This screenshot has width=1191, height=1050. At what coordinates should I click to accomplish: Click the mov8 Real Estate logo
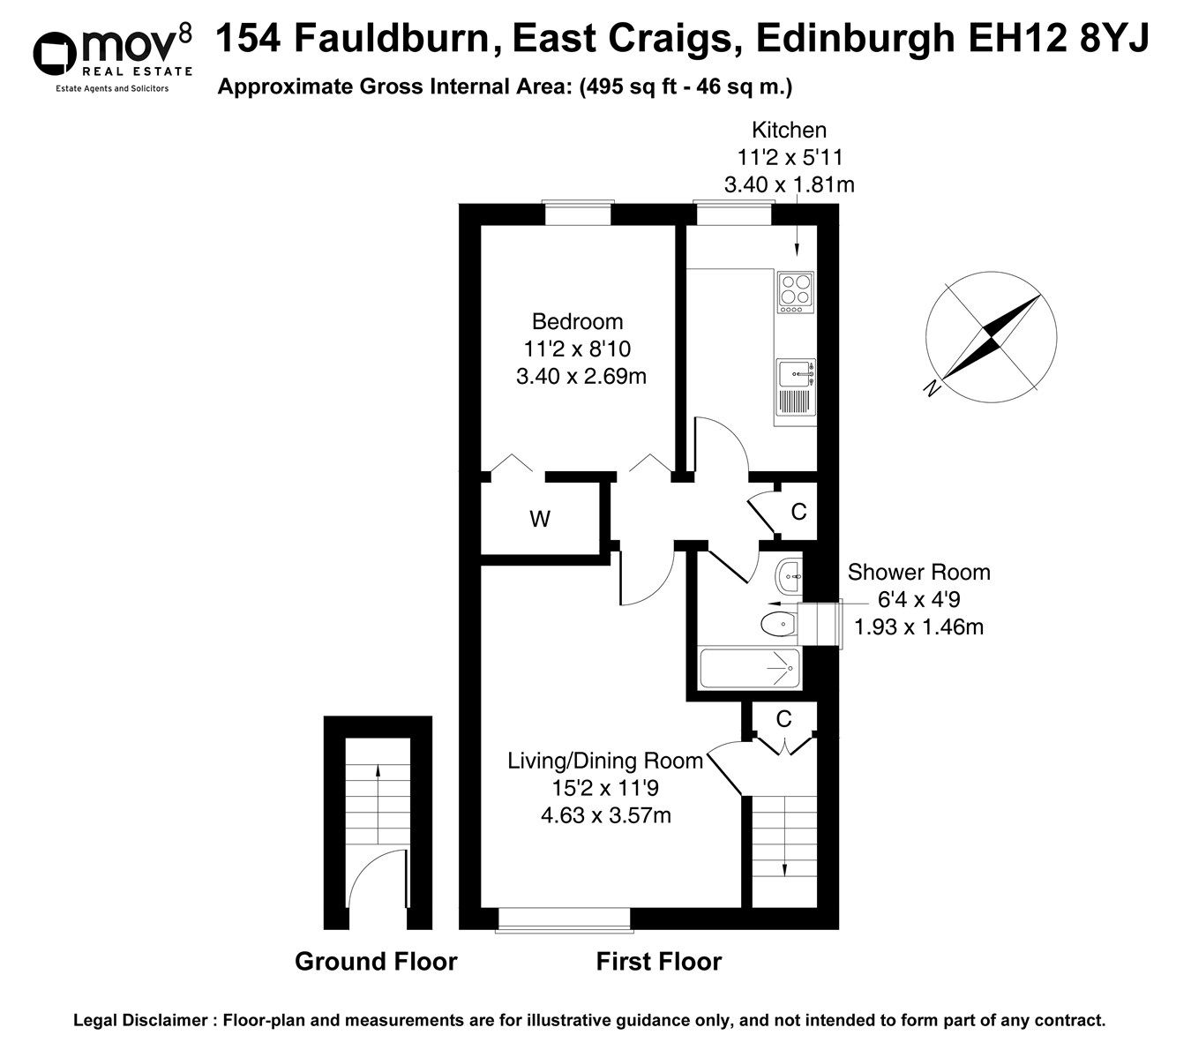(111, 55)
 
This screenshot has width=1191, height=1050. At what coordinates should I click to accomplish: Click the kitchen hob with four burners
(797, 292)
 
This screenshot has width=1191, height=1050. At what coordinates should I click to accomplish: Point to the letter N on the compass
(929, 388)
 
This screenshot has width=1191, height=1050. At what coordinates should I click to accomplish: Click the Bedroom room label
(577, 321)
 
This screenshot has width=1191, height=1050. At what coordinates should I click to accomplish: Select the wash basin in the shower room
(788, 578)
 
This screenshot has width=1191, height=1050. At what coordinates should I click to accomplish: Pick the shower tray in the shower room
(749, 670)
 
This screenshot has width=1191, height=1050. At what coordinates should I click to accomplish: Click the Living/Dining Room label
(604, 761)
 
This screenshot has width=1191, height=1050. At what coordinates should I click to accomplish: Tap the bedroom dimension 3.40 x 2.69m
(581, 377)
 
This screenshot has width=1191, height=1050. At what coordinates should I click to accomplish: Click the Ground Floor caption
(376, 961)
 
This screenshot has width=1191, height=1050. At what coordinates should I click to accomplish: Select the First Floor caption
(658, 961)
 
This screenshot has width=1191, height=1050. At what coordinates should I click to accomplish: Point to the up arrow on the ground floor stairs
(378, 769)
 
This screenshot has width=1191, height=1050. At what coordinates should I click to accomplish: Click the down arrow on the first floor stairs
(784, 869)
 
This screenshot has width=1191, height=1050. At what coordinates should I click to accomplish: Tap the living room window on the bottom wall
(564, 919)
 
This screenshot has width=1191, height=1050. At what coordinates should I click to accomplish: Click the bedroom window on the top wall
(577, 214)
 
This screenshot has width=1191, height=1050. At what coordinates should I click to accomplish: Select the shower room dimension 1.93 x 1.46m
(918, 627)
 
